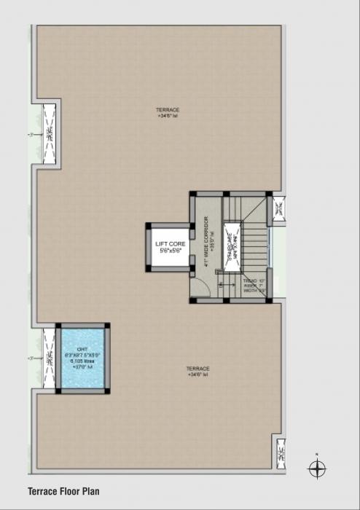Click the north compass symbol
click(317, 469)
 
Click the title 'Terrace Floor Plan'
click(63, 492)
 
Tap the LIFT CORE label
click(170, 244)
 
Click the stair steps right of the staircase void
click(255, 248)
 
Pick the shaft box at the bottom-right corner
click(280, 455)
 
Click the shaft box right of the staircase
click(279, 209)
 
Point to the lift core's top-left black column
click(149, 226)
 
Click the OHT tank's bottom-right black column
click(108, 391)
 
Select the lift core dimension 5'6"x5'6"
click(170, 251)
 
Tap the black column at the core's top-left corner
click(193, 195)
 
